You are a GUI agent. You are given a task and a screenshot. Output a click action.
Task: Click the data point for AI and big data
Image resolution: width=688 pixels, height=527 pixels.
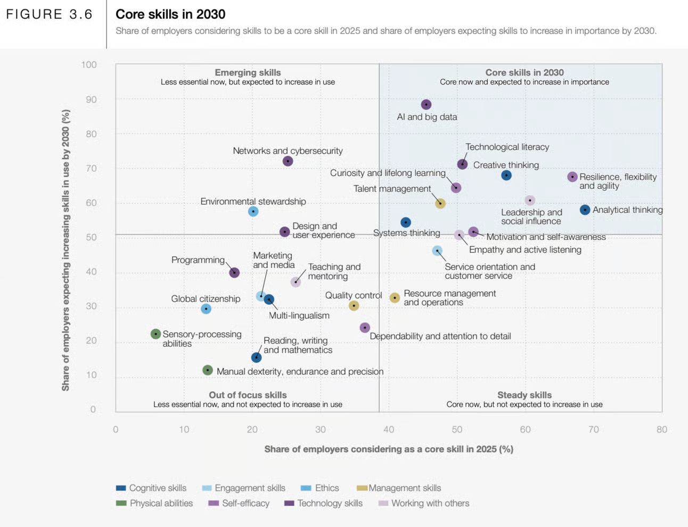(426, 105)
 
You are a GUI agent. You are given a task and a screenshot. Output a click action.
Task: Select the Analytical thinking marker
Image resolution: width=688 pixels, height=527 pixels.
(585, 210)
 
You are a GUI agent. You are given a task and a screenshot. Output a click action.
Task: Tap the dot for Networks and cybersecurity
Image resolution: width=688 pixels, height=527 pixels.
(288, 161)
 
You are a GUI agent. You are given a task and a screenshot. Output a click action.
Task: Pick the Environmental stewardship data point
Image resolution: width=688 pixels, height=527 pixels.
(253, 212)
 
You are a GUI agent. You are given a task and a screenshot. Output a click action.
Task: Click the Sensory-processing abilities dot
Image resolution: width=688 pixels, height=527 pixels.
(155, 334)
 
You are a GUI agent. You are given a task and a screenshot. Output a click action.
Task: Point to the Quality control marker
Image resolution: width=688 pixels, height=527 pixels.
(354, 306)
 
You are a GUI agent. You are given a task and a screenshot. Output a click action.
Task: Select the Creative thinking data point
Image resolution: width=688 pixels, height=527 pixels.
(506, 175)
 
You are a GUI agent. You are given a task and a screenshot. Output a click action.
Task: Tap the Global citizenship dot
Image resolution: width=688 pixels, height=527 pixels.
(206, 309)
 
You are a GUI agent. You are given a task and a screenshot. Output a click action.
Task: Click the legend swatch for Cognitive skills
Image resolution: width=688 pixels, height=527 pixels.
(121, 488)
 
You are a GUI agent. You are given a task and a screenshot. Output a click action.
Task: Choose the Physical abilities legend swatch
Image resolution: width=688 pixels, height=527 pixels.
(121, 503)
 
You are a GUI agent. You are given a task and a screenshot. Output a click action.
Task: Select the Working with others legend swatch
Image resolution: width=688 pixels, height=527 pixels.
(383, 503)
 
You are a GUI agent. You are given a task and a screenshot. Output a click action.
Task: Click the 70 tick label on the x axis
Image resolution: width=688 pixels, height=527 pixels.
(593, 430)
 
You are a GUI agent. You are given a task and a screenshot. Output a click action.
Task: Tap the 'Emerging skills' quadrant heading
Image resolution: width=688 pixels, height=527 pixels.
(248, 72)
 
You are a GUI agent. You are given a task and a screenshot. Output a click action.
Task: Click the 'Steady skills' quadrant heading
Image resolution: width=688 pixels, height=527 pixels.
(524, 395)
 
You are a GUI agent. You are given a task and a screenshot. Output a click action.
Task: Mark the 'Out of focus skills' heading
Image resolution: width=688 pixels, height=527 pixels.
(248, 395)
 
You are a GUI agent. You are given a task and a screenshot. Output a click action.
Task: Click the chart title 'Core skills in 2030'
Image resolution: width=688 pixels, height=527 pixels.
(170, 14)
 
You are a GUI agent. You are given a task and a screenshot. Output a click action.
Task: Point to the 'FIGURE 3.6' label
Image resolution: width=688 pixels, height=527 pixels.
(49, 14)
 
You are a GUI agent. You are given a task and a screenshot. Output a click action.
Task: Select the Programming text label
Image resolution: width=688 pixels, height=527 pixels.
(198, 260)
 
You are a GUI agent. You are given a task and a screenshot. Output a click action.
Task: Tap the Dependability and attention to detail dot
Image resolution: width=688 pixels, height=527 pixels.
(365, 328)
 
